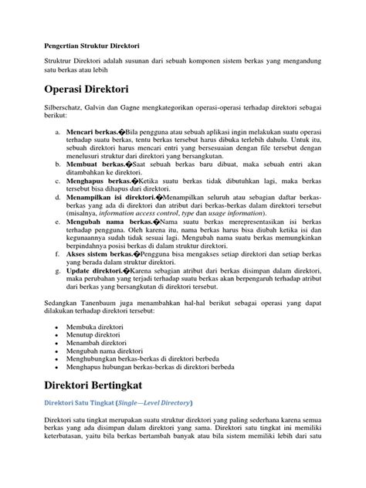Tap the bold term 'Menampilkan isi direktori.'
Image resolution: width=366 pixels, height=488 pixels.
tap(110, 197)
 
